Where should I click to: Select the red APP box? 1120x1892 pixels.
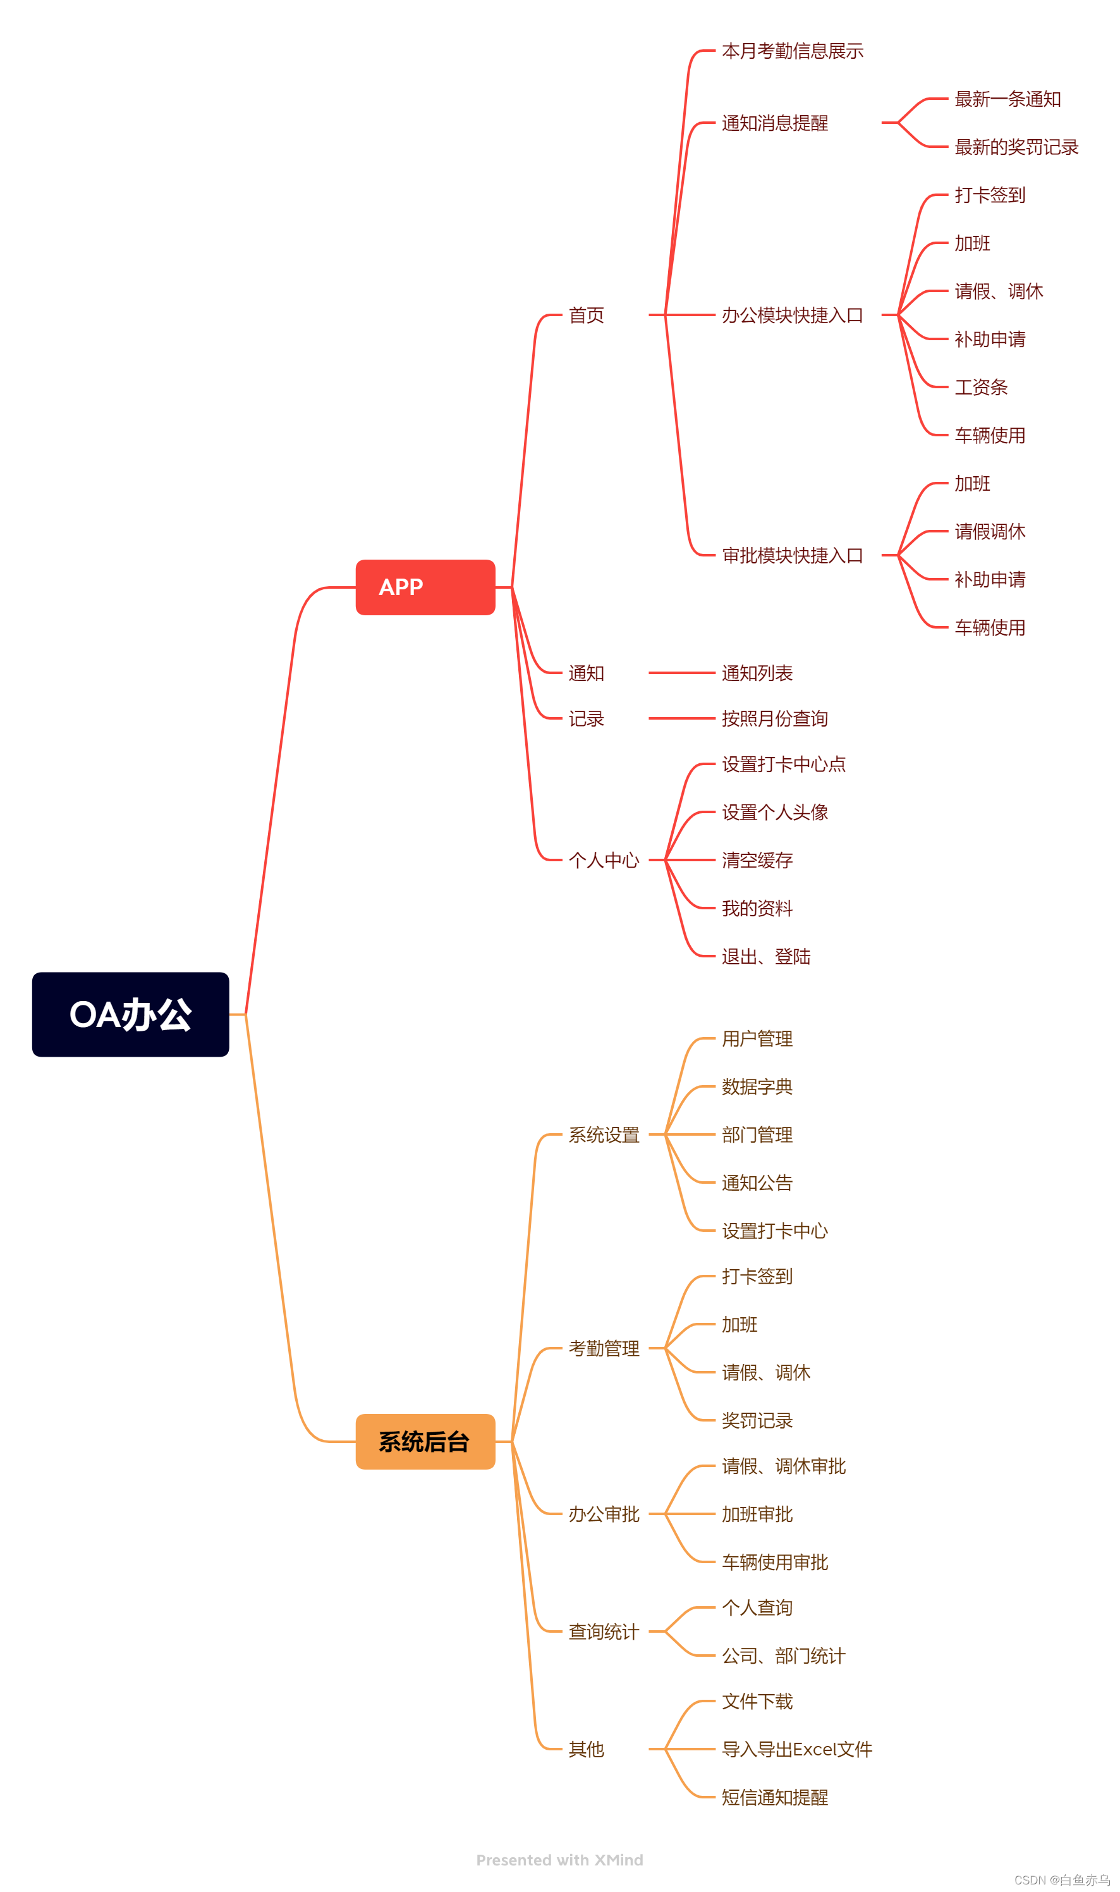tap(425, 587)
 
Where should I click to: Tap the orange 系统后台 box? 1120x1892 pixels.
tap(425, 1441)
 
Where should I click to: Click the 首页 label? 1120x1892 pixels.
tap(587, 315)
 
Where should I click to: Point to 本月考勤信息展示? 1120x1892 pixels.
tap(792, 51)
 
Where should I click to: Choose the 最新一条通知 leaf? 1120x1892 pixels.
tap(1007, 99)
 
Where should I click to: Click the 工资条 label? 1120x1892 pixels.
tap(980, 387)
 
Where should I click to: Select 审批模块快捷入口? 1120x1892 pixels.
tap(792, 556)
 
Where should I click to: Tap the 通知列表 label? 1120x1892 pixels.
tap(757, 673)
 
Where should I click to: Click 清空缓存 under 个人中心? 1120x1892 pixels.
tap(757, 860)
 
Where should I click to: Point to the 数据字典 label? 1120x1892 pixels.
tap(757, 1086)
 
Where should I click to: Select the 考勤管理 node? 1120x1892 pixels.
tap(604, 1348)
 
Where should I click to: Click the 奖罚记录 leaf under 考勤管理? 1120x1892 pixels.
tap(757, 1420)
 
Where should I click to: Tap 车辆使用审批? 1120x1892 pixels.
tap(774, 1562)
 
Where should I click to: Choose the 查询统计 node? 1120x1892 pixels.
tap(604, 1631)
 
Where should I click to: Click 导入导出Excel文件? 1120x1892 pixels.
tap(796, 1749)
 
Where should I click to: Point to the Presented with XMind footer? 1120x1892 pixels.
tap(559, 1860)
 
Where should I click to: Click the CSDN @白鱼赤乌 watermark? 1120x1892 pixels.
tap(1061, 1880)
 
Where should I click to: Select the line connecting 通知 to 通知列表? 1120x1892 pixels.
tap(681, 672)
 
